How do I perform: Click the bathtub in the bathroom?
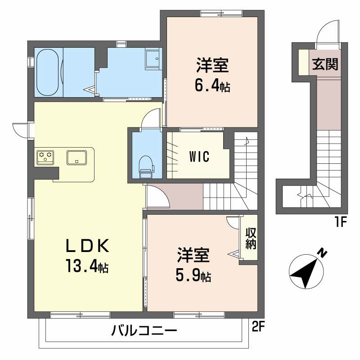48,72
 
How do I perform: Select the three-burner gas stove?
45,157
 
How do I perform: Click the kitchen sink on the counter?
76,157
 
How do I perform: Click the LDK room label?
87,246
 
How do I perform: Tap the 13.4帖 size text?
87,265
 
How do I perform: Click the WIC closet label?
199,156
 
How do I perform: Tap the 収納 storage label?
251,238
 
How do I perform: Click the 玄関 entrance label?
325,64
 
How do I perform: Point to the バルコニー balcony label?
144,331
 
